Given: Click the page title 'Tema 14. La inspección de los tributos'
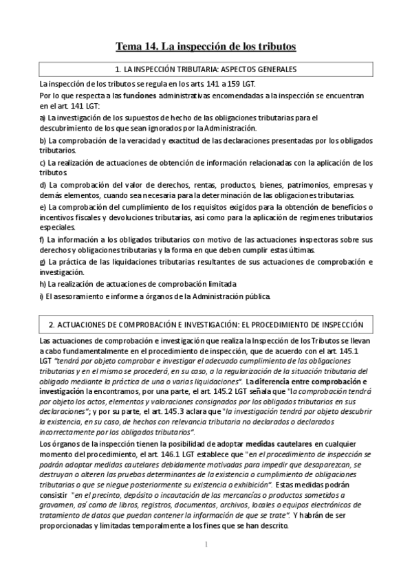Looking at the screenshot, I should [x=206, y=47].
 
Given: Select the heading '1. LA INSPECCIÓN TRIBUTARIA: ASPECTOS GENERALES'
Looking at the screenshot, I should [x=206, y=70].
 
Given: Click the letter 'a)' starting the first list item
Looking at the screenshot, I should [x=43, y=118].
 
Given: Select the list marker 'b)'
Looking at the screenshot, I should [x=43, y=140].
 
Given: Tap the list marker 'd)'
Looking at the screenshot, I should [x=43, y=185].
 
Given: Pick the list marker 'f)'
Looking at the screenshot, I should [x=43, y=239].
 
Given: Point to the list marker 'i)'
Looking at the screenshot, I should [x=42, y=296].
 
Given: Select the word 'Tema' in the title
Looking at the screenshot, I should [x=128, y=47].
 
